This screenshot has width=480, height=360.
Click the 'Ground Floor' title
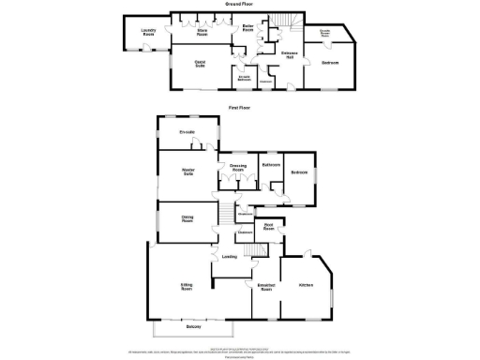click(x=240, y=5)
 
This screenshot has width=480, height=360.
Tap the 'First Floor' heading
click(x=240, y=108)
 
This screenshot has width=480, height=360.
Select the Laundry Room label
click(x=148, y=33)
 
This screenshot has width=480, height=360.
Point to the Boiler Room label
click(x=248, y=29)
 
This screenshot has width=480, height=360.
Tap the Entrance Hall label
click(x=290, y=54)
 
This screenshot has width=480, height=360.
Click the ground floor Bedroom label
click(x=329, y=63)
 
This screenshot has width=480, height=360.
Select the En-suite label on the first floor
click(x=187, y=132)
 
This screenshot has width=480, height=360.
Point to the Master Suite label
click(x=187, y=172)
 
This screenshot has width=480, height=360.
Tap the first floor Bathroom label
click(x=272, y=165)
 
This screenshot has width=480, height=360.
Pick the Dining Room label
click(x=187, y=220)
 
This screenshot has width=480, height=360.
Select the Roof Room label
click(x=268, y=226)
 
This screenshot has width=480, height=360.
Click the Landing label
click(x=229, y=256)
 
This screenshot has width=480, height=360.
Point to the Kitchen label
click(x=306, y=284)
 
